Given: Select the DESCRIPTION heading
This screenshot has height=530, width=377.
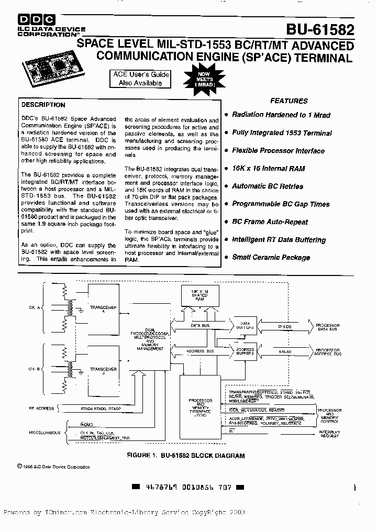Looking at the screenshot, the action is point(43,105).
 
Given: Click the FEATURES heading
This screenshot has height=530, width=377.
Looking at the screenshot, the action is point(289,101).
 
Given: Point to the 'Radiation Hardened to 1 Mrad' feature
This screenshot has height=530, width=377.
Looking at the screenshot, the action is point(281,115).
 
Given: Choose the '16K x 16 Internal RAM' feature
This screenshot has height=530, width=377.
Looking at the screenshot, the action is point(268,169).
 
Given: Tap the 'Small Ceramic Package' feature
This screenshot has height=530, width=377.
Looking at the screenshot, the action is point(271,258).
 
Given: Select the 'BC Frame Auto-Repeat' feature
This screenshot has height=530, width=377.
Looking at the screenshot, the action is point(270,222).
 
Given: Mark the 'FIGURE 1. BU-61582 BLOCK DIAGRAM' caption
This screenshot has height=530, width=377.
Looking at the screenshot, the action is point(186,456).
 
